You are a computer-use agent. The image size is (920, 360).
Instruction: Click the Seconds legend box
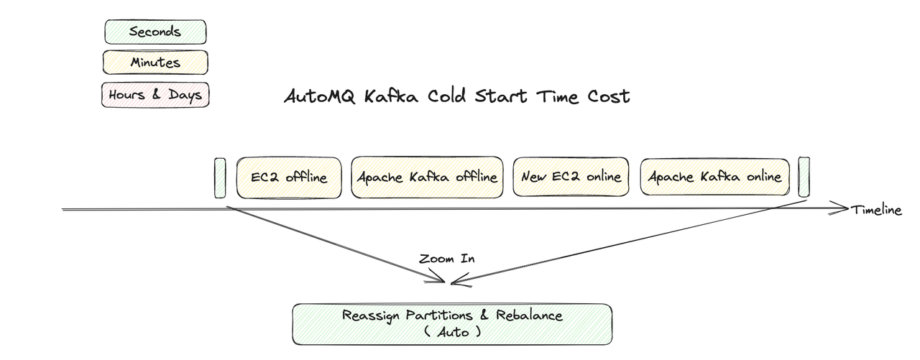click(155, 32)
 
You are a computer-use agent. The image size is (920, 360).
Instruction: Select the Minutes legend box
click(155, 63)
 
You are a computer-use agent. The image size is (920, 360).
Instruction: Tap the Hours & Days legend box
click(155, 94)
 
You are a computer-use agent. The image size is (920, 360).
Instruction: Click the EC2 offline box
click(288, 177)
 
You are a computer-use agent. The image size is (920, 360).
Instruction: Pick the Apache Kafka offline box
click(427, 177)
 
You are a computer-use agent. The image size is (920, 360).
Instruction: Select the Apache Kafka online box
click(714, 177)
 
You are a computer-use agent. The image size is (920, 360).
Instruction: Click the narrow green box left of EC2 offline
click(220, 177)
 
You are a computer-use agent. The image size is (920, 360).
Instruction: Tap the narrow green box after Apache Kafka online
click(804, 177)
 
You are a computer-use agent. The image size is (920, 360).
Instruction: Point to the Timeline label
click(875, 210)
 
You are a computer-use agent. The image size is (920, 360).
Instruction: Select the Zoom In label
click(446, 259)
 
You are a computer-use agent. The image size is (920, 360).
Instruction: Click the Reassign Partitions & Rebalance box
click(451, 323)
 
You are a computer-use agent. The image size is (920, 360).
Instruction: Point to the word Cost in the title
click(607, 96)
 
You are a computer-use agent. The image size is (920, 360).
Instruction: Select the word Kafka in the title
click(390, 96)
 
